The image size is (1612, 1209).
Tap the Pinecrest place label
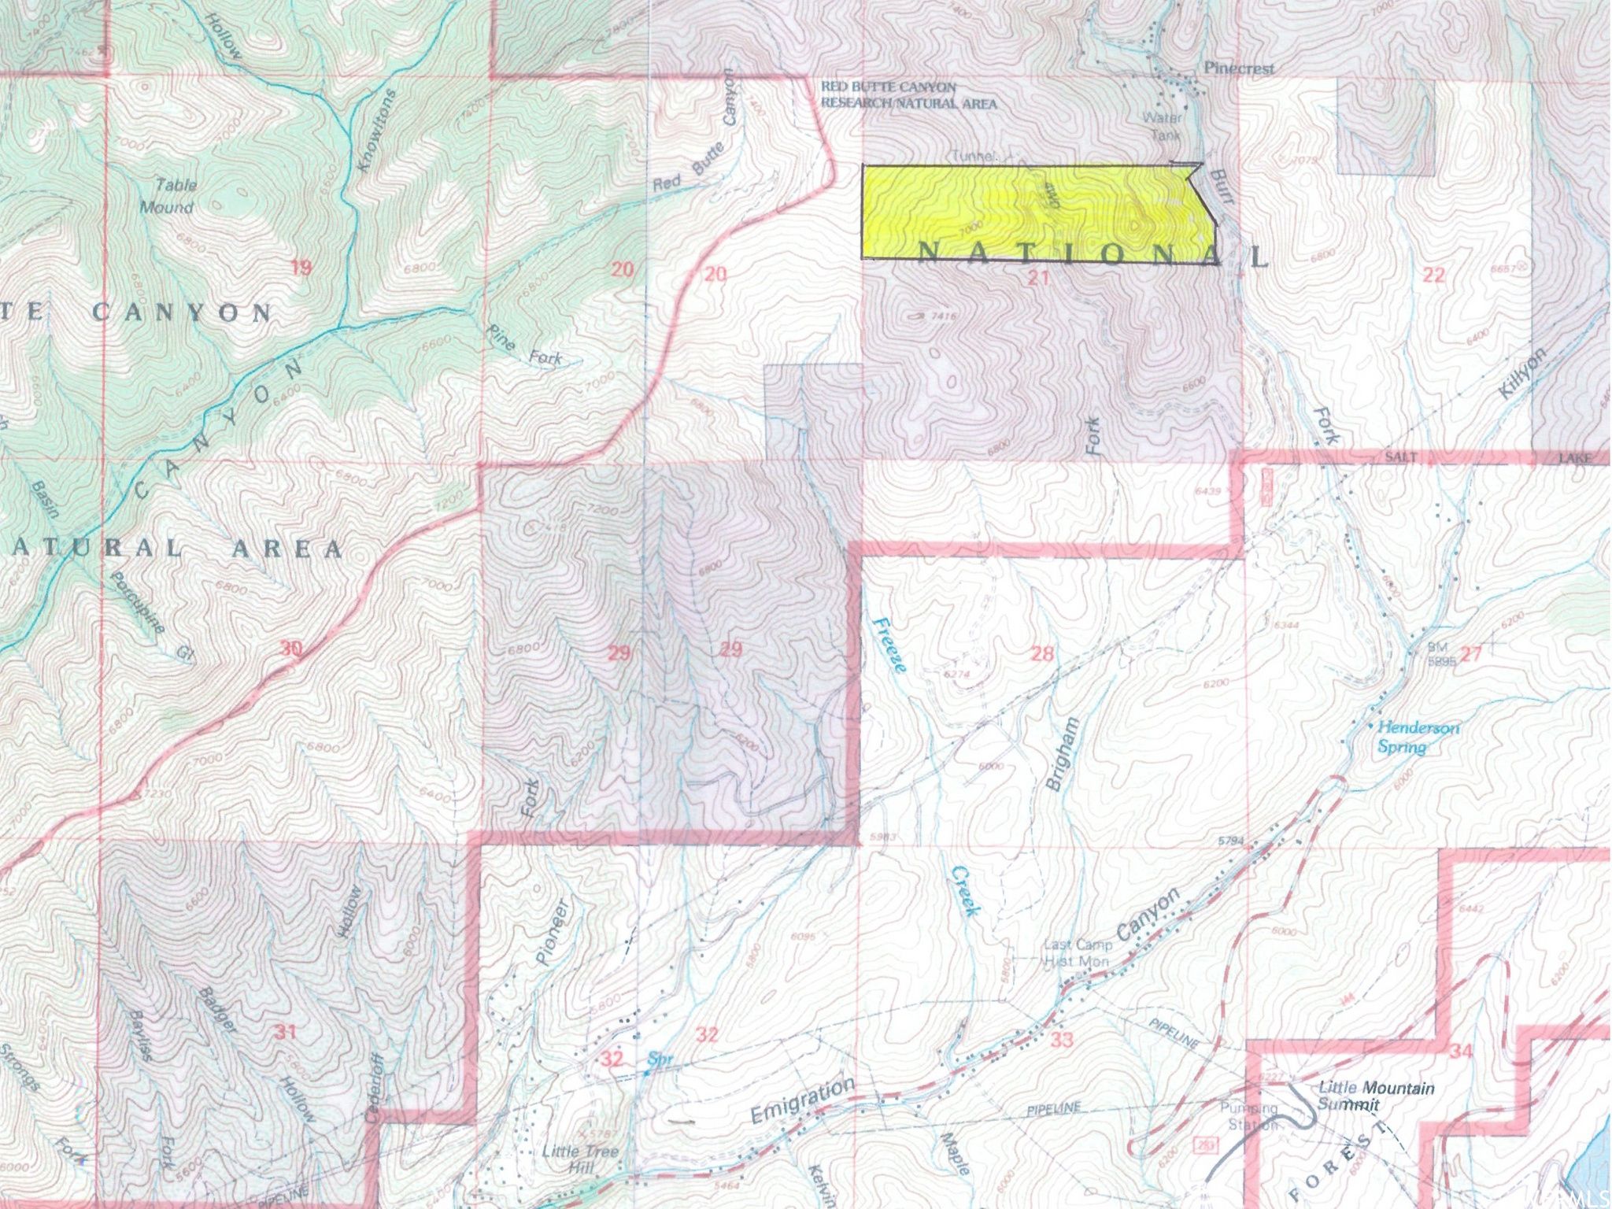(x=1239, y=68)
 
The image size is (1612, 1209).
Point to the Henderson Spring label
(x=1417, y=737)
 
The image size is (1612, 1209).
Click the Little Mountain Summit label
(x=1376, y=1096)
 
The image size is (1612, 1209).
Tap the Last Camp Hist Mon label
(x=1077, y=952)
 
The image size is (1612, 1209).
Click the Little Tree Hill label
(x=580, y=1158)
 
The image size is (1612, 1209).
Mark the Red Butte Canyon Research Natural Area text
(x=908, y=94)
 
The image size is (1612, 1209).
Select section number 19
(x=301, y=268)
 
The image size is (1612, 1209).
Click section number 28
(x=1041, y=653)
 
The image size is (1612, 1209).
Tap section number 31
(x=284, y=1032)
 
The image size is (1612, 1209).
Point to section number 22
(x=1434, y=275)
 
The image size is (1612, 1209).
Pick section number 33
(x=1061, y=1039)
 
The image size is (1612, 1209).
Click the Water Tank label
(x=1164, y=126)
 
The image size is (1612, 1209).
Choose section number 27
(x=1471, y=654)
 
